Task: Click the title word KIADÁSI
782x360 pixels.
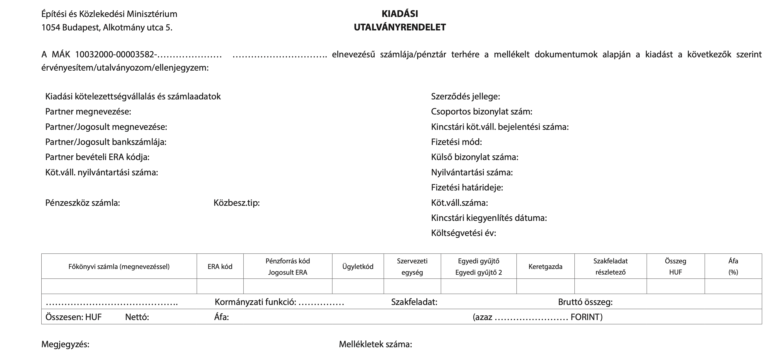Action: click(400, 14)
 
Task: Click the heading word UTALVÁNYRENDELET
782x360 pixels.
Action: click(400, 27)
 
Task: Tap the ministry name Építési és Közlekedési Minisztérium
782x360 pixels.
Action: click(109, 14)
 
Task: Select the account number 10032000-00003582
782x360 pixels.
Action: click(115, 55)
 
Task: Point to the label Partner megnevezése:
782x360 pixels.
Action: click(88, 112)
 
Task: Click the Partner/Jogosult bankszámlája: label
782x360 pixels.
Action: click(106, 142)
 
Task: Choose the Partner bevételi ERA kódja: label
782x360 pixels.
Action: click(97, 157)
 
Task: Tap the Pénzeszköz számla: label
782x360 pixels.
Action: click(83, 203)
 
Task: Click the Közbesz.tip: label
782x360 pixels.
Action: click(237, 203)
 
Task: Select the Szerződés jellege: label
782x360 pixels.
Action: click(465, 97)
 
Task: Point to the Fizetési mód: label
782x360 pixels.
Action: click(456, 142)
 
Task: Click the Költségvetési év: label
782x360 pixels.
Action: click(463, 233)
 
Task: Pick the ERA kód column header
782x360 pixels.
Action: click(220, 266)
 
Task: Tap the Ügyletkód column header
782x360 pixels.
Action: click(358, 266)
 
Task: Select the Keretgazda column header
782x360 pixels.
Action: click(545, 266)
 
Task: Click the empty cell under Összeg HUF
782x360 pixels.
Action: click(675, 286)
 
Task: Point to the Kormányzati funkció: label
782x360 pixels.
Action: click(255, 302)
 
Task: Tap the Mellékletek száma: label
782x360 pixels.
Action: click(375, 344)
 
